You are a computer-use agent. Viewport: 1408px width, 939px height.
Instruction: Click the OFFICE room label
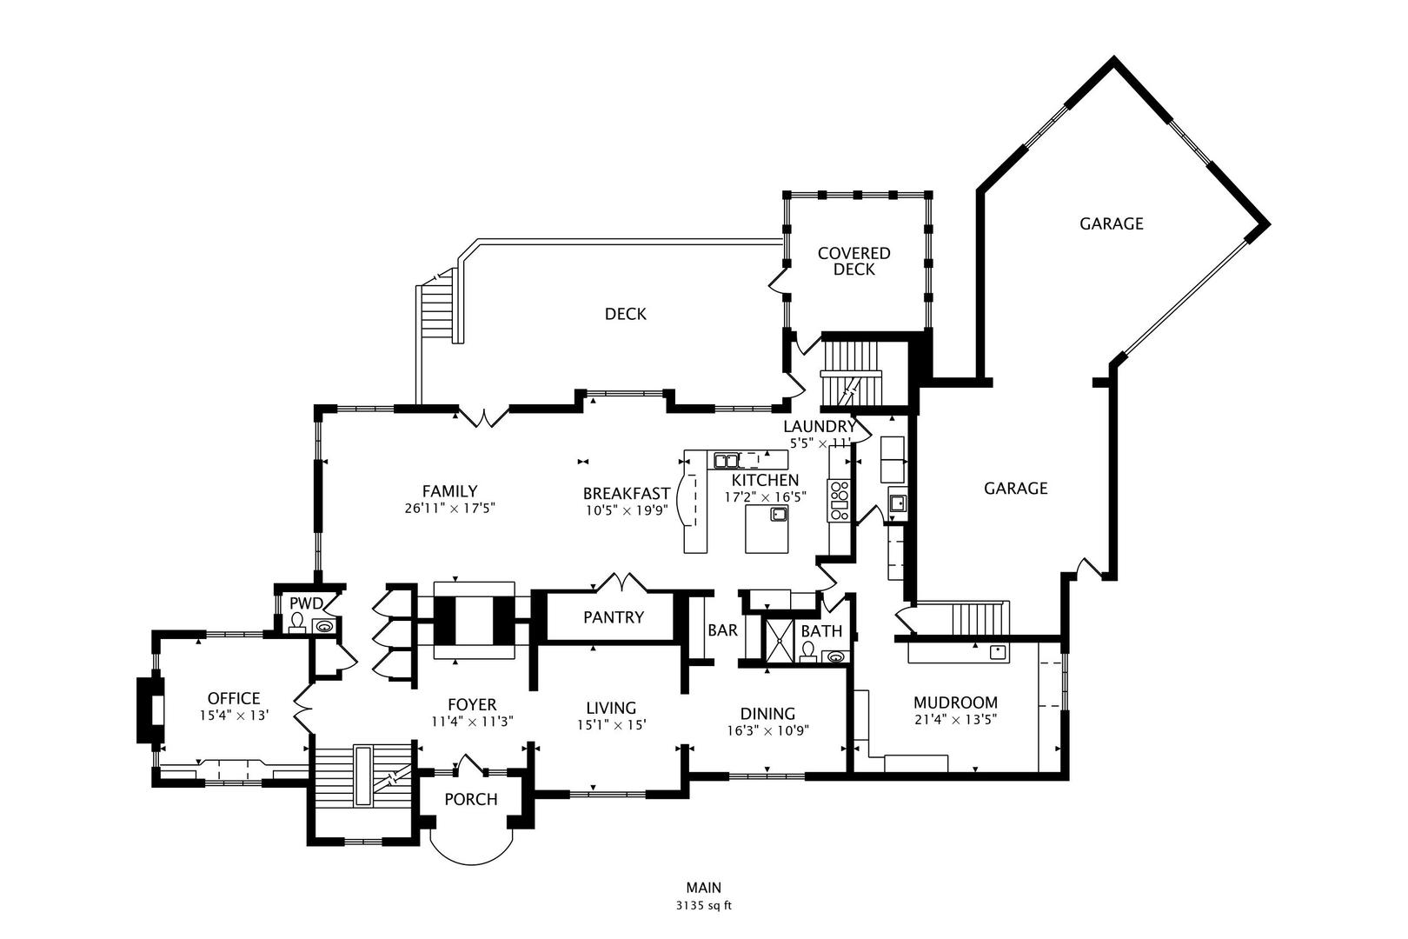coord(234,698)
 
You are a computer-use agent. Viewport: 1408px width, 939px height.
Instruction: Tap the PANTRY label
coord(613,617)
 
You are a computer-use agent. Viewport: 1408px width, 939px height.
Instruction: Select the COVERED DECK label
coord(853,261)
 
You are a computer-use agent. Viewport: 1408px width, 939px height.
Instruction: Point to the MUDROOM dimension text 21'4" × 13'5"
coord(955,719)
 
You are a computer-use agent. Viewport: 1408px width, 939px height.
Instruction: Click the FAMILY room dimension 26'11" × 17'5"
coord(449,509)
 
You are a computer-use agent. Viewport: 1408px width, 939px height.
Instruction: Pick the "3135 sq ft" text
coord(704,905)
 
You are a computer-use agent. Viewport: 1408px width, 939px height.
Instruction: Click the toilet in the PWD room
coord(297,622)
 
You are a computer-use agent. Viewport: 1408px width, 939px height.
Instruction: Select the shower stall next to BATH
coord(779,640)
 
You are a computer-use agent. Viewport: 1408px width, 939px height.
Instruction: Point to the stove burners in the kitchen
coord(839,501)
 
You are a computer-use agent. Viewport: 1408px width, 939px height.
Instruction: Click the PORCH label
coord(471,799)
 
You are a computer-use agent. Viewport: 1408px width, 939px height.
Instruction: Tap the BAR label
coord(722,630)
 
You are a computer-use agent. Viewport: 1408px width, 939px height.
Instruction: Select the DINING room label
coord(767,714)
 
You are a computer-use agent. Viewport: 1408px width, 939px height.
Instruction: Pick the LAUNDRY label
coord(820,426)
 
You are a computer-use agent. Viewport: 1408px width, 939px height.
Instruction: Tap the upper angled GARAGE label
coord(1111,223)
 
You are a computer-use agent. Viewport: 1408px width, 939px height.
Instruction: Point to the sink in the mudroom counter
coord(998,650)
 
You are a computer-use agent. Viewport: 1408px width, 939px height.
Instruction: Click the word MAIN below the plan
coord(704,888)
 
